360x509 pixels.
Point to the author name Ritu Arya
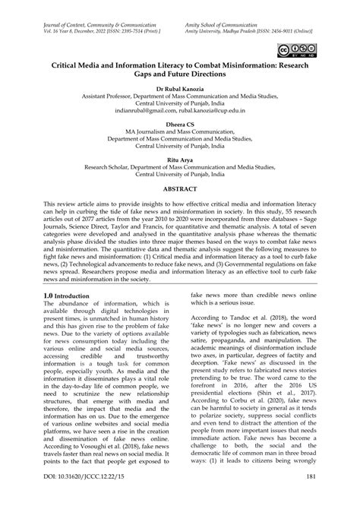pos(179,160)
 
